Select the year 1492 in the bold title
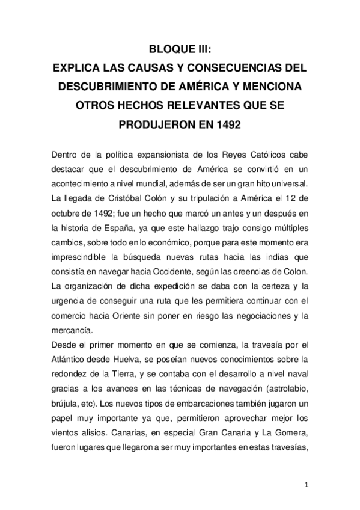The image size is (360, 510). click(x=230, y=126)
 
